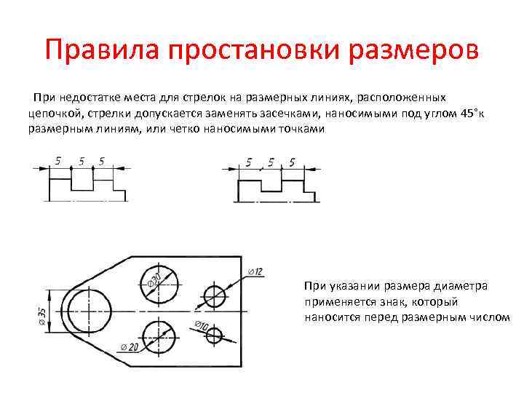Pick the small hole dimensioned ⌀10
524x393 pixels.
[x=214, y=336]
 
